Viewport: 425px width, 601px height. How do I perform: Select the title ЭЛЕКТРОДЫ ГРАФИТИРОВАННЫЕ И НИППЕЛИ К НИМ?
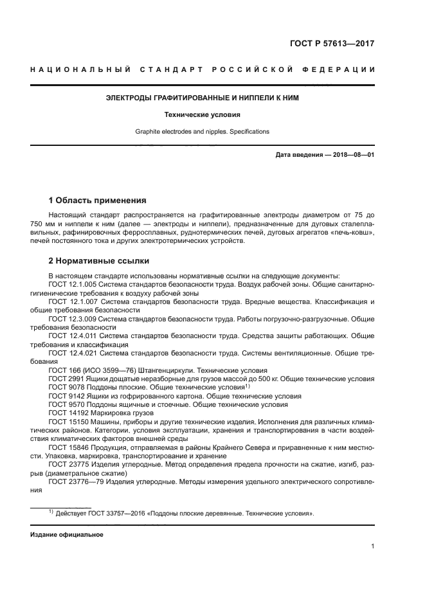click(202, 98)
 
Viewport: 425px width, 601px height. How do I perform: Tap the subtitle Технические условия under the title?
click(202, 115)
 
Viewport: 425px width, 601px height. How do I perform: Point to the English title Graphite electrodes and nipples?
click(202, 132)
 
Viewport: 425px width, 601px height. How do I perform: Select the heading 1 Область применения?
click(98, 200)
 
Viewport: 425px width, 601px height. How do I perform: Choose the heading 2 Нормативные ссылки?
click(99, 261)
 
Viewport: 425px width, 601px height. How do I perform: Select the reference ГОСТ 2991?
click(66, 379)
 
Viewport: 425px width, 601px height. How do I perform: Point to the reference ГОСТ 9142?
click(66, 396)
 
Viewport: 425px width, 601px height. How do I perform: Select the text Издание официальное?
click(67, 534)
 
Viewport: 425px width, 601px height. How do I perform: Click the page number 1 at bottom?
click(372, 546)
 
